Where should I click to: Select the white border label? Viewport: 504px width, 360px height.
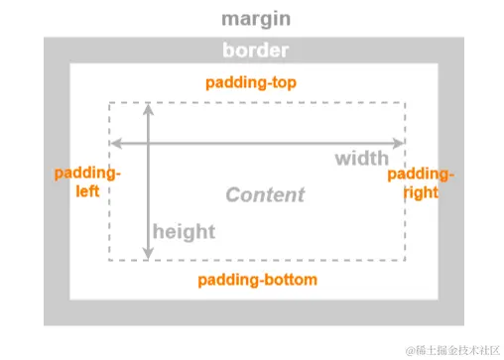pos(255,51)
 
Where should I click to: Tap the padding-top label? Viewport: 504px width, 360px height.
pos(251,82)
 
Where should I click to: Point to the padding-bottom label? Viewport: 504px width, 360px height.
pos(257,280)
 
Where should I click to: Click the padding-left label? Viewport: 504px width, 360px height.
pos(86,182)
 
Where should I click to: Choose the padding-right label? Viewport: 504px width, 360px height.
pos(421,182)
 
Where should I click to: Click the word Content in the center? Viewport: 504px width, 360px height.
pos(265,194)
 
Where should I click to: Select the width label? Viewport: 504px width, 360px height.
pos(361,159)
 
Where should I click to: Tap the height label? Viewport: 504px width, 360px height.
pos(184,231)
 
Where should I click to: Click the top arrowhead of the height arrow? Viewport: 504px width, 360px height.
pos(149,107)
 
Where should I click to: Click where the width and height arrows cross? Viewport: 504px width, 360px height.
pos(149,141)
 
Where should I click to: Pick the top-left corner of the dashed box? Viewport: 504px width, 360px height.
pos(109,102)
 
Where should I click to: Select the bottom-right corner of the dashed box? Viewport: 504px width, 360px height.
pos(405,261)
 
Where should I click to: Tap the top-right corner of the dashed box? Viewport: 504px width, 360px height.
pos(405,102)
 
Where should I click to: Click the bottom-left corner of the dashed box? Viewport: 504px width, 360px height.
pos(109,261)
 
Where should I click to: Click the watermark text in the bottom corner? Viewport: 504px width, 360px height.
pos(443,348)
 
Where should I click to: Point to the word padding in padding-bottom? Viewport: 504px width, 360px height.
pos(227,280)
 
